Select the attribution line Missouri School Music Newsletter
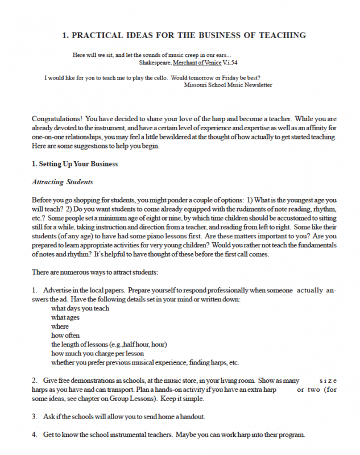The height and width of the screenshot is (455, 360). click(x=228, y=85)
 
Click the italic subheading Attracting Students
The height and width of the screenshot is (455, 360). click(x=62, y=182)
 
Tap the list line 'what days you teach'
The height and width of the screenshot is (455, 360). click(x=80, y=308)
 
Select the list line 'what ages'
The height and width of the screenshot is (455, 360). click(x=65, y=317)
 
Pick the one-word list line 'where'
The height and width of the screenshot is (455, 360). click(x=60, y=326)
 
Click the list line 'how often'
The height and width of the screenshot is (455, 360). click(x=65, y=336)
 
